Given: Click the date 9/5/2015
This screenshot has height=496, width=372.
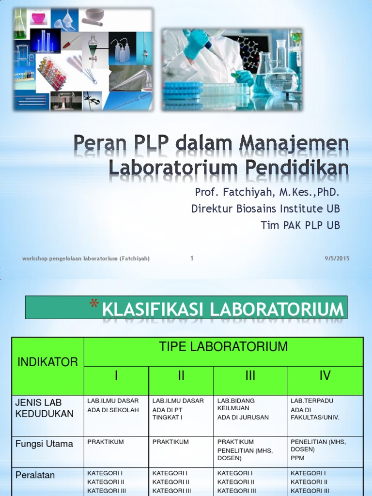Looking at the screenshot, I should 337,258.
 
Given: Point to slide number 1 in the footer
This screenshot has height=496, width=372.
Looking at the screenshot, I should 192,258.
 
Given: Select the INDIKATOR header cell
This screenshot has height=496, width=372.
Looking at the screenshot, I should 47,362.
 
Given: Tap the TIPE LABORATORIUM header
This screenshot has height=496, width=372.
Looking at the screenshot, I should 223,347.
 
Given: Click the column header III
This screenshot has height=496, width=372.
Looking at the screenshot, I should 250,376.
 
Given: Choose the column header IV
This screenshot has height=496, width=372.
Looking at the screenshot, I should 325,376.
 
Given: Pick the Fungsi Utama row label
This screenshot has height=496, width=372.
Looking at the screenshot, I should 44,444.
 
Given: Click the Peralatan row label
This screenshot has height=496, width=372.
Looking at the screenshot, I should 35,475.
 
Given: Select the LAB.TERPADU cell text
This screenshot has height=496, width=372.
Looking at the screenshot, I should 312,401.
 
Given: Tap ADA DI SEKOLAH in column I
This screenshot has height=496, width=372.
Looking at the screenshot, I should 113,410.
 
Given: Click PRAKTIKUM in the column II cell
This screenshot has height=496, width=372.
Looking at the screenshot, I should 170,442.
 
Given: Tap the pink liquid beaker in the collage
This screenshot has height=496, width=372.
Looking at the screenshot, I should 38,18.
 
